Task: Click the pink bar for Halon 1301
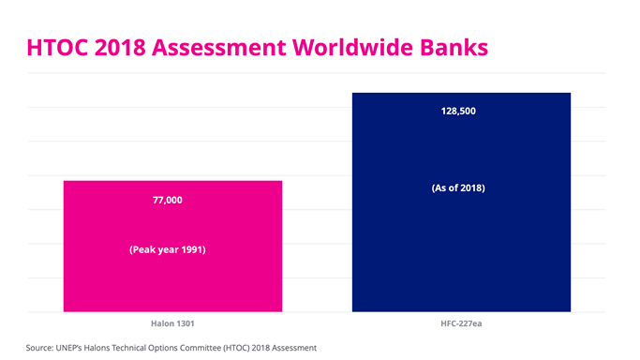(x=172, y=281)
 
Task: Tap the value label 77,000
(x=167, y=200)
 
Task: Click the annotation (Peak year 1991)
(x=167, y=250)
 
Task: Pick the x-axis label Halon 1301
(x=172, y=323)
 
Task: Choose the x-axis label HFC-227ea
(x=461, y=323)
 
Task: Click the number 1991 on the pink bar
(x=191, y=250)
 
